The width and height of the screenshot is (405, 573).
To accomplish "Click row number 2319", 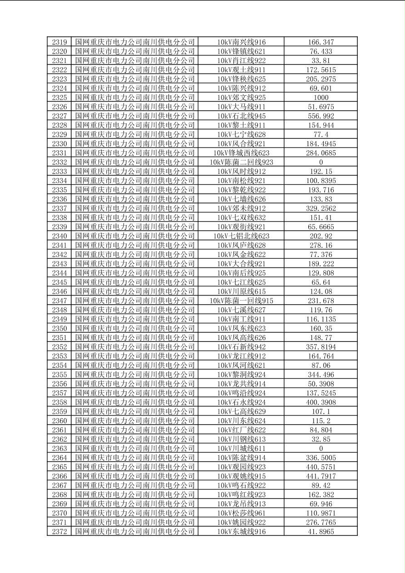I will pos(59,42).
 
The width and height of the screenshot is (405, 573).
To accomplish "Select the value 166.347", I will pos(321,42).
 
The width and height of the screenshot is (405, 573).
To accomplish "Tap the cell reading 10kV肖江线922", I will pos(241,60).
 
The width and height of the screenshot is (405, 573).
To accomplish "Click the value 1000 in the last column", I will pos(321,98).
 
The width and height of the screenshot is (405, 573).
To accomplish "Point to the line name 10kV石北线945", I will pos(241,116).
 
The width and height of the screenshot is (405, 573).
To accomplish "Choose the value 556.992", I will pos(321,116).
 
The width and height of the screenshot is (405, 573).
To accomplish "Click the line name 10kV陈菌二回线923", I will pos(241,162).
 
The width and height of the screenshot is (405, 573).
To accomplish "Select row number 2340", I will pos(59,236).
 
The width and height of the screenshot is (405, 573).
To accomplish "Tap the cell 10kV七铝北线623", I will pos(241,236).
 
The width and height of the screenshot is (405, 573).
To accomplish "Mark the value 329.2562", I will pos(321,208).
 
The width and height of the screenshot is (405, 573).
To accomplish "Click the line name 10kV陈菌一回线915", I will pos(241,301).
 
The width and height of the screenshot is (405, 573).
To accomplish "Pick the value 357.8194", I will pos(321,347).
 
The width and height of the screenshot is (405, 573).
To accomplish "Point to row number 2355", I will pos(59,375).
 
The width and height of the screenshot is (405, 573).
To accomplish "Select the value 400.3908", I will pos(321,402).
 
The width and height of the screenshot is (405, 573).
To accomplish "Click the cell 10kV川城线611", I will pos(241,449).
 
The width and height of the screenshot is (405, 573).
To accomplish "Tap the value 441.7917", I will pos(321,476).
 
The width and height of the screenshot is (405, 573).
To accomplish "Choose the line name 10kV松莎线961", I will pos(241,513).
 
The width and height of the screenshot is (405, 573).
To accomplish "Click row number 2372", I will pos(59,532).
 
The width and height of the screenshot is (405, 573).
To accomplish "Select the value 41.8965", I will pos(321,532).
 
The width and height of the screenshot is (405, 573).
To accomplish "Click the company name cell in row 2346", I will pos(135,291).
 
